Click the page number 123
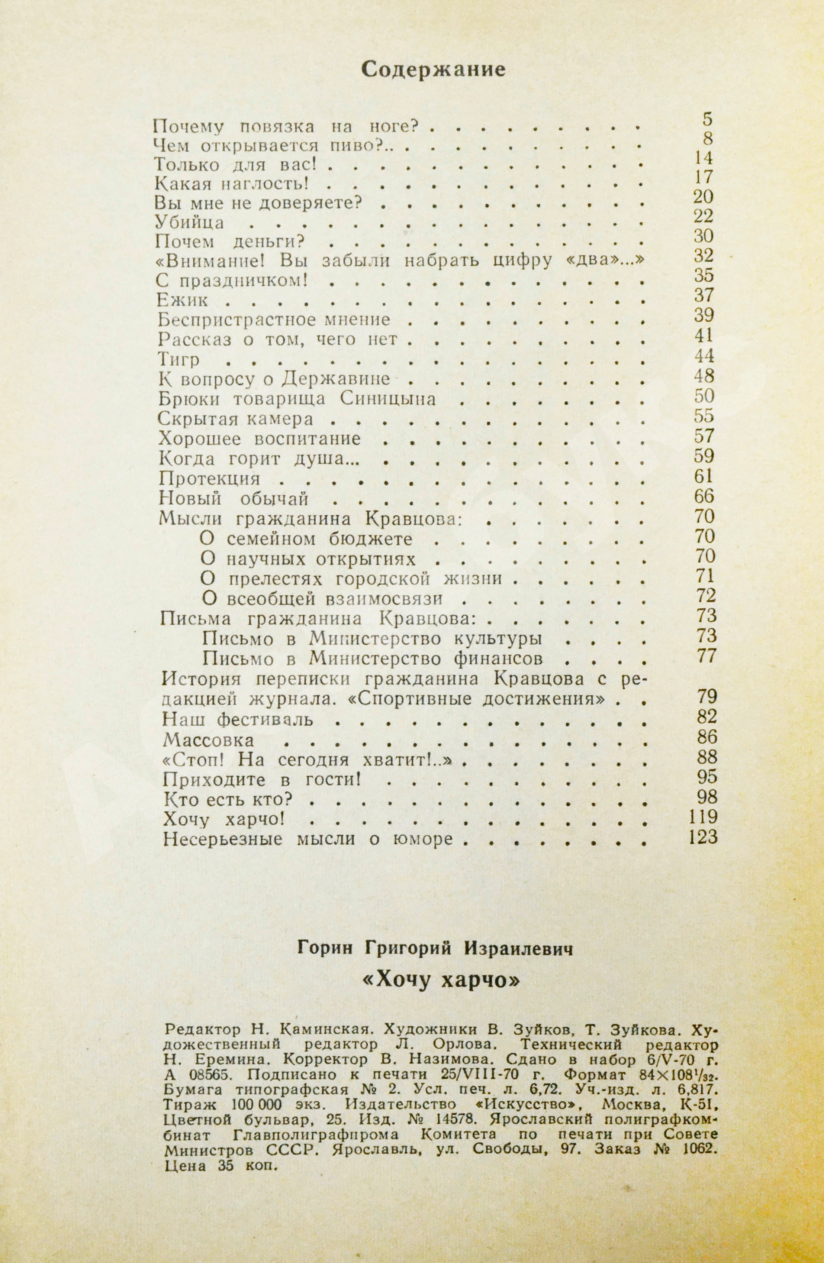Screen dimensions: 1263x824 tap(702, 838)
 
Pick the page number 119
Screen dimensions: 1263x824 tap(702, 817)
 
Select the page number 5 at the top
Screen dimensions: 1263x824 tap(708, 120)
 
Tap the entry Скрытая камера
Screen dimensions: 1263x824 tap(236, 419)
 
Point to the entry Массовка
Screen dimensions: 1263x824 tap(209, 740)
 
